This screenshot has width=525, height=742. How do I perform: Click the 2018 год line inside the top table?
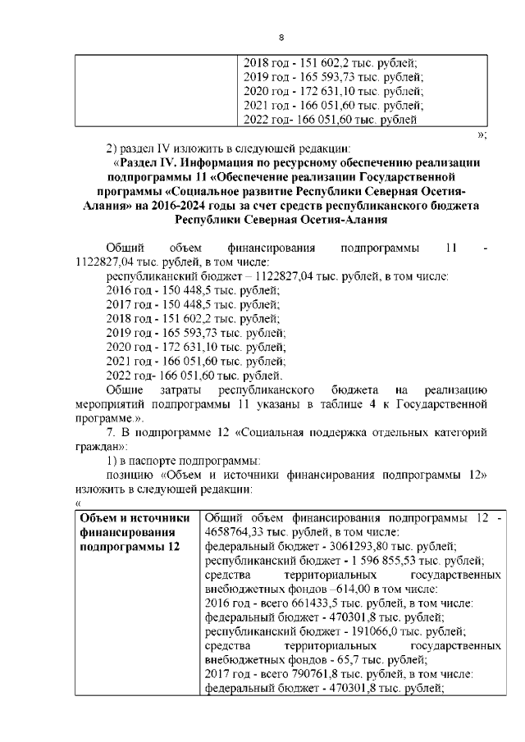click(x=331, y=61)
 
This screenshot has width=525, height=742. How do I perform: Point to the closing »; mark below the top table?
click(x=482, y=134)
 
